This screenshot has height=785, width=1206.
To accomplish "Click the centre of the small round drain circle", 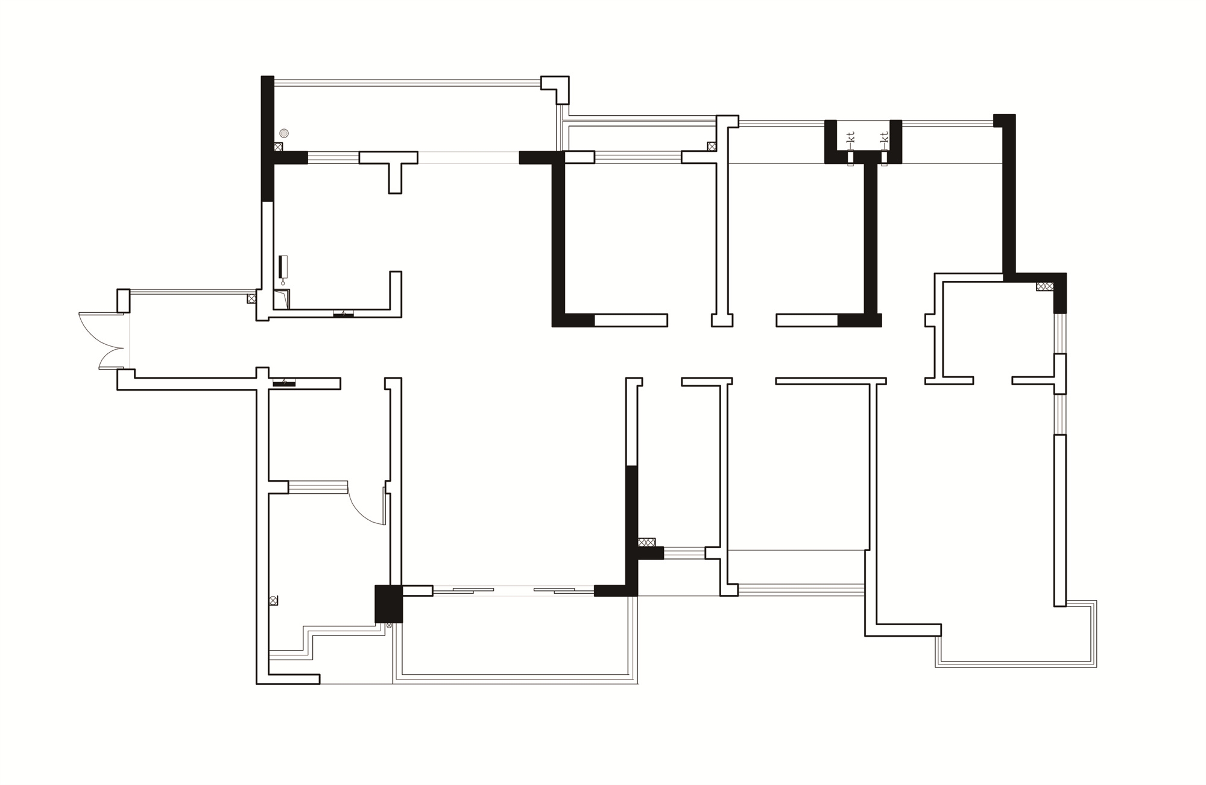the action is tap(284, 133).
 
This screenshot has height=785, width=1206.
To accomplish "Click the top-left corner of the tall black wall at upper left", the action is tap(261, 76).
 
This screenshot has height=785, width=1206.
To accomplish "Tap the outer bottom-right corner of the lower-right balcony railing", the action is tap(1096, 667).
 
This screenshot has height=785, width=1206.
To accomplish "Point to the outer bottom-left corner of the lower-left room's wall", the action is tap(256, 684).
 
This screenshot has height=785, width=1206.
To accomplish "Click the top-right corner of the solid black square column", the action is tap(402, 585).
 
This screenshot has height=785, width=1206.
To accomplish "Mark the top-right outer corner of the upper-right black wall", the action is tap(1015, 114).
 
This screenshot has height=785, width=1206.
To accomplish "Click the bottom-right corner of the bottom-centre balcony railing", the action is tap(638, 684).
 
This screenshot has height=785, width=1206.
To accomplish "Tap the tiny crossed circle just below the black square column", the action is tap(389, 626).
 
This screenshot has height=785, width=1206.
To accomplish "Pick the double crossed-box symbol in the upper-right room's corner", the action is tap(1045, 286).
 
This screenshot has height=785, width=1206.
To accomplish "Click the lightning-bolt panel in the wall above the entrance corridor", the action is tap(343, 314).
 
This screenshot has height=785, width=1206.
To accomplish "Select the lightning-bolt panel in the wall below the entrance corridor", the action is tap(284, 382).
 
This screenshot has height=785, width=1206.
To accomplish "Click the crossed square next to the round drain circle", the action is tap(278, 147).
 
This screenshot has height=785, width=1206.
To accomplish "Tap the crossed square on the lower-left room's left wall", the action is tap(273, 601).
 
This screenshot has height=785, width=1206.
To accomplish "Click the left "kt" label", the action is tap(851, 137).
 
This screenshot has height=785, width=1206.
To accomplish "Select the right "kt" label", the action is tap(885, 137).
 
